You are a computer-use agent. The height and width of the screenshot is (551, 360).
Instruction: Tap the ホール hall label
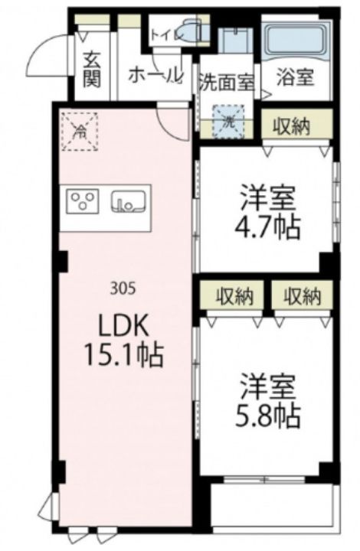click(x=155, y=75)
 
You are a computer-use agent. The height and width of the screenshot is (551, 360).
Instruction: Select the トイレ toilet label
click(x=164, y=34)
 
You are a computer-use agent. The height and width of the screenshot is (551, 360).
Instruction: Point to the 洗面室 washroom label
click(x=227, y=81)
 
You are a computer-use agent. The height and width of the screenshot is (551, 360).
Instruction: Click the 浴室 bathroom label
click(x=296, y=78)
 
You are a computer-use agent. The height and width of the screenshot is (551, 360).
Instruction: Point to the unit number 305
click(x=123, y=289)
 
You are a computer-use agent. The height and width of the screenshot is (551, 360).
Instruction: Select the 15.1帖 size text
click(x=123, y=354)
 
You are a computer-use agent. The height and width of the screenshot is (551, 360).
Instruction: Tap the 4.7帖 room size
click(x=267, y=227)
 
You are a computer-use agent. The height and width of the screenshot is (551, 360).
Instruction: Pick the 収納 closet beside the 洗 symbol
click(x=296, y=126)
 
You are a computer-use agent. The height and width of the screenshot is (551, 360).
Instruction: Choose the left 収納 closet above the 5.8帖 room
click(x=231, y=295)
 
